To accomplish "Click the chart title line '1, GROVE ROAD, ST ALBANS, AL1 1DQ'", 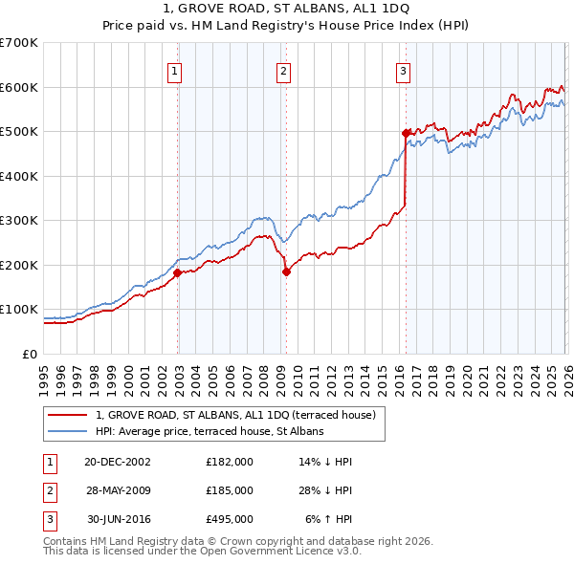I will point(286,9).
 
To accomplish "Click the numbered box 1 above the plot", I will point(177,70).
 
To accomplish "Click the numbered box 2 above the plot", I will point(285,70).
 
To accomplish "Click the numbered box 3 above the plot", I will point(404,70).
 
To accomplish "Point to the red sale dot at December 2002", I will point(178,272).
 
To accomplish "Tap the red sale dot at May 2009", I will point(286,271).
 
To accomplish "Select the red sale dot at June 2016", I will point(406,133).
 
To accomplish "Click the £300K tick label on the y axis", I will point(20,221).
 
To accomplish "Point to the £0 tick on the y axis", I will point(32,354).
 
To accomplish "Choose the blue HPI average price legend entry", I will point(210,432).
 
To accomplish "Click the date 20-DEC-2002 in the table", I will point(118,461).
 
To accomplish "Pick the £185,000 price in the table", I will point(230,490).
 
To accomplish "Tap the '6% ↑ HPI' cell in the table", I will point(329,520).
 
